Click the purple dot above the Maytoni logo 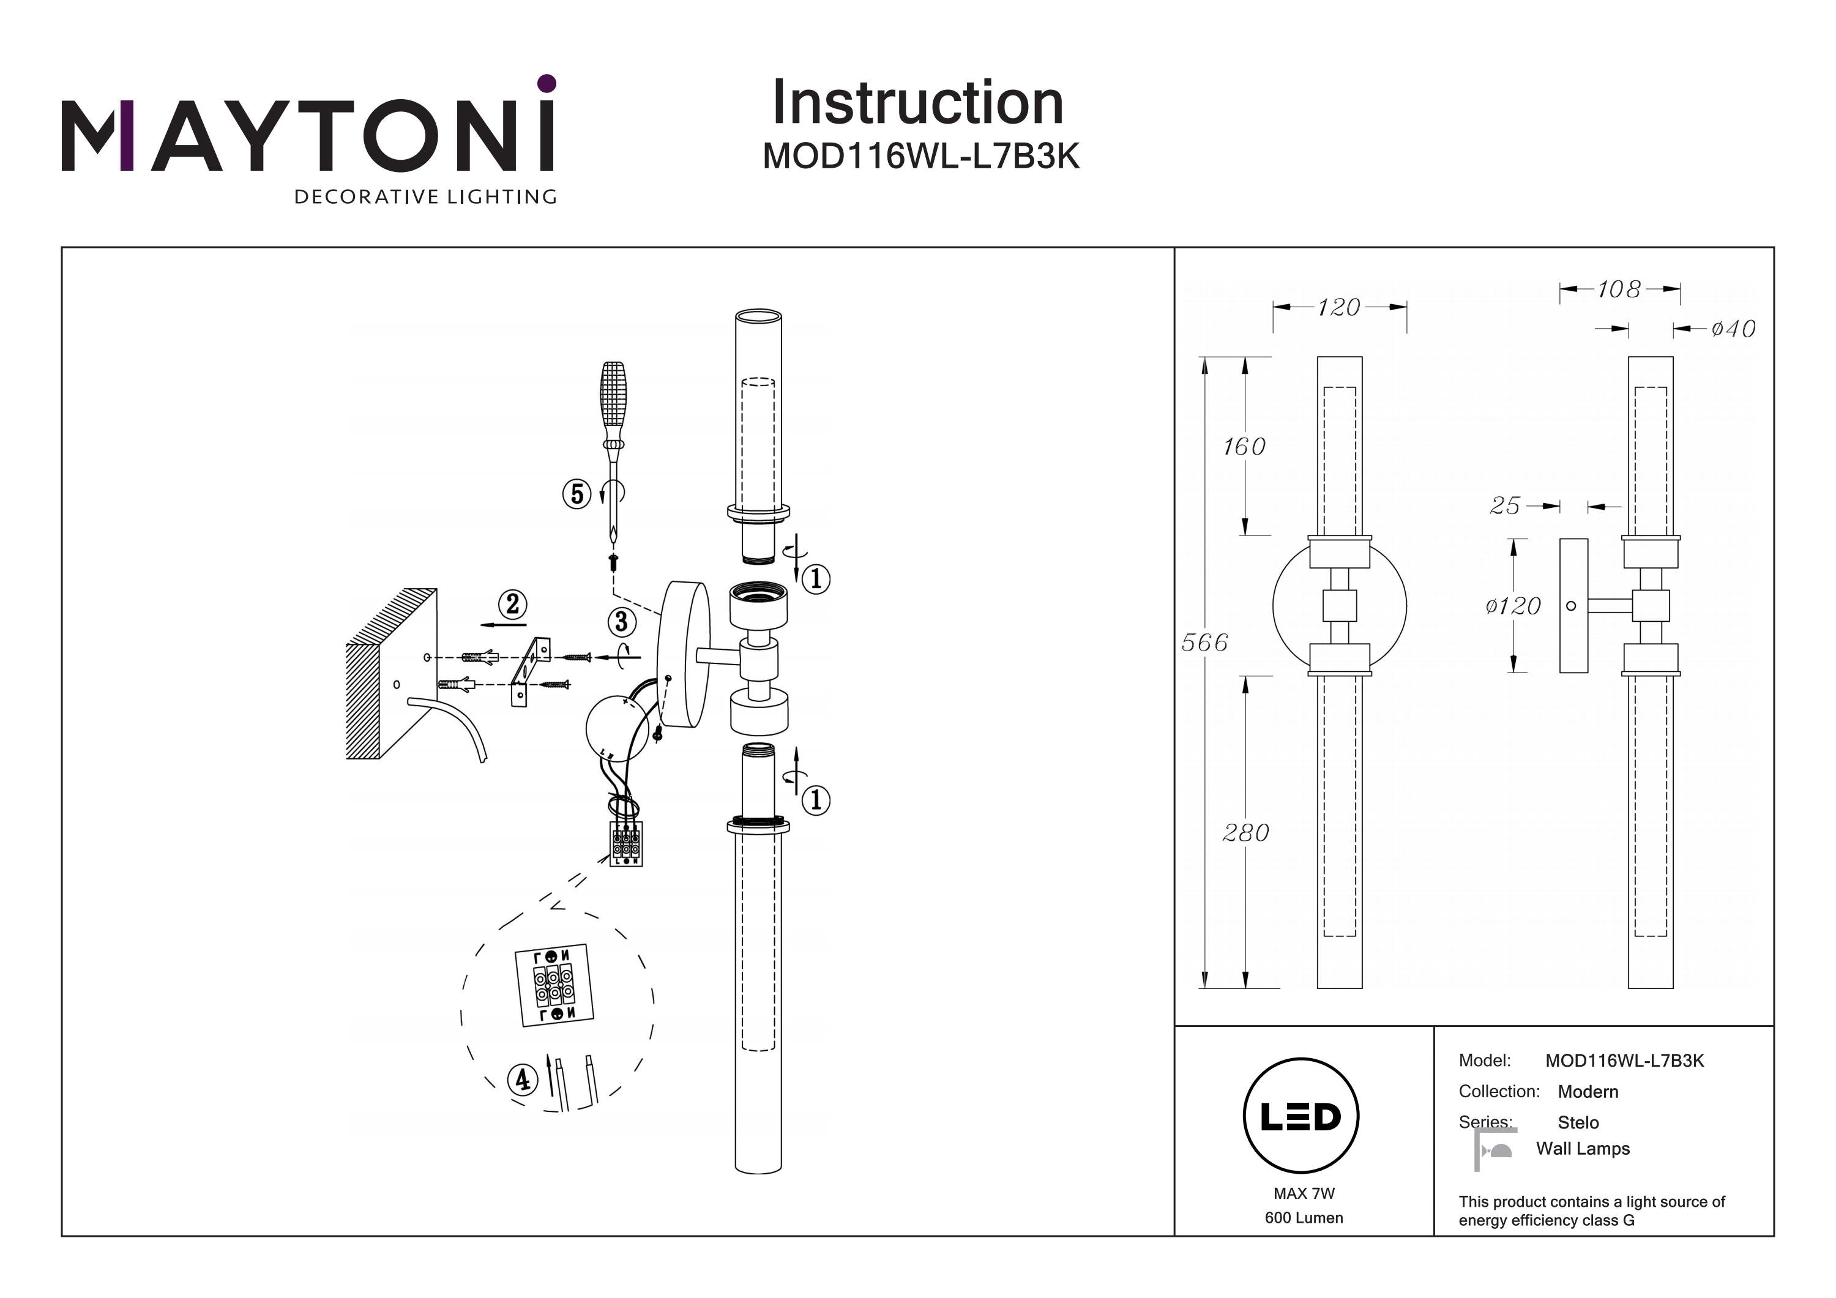[x=547, y=83]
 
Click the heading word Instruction [x=917, y=103]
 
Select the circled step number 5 [x=577, y=494]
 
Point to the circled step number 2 [x=513, y=604]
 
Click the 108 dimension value [x=1619, y=289]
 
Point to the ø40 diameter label [x=1733, y=329]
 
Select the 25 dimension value [x=1504, y=505]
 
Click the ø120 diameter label [x=1512, y=606]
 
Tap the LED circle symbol [x=1300, y=1116]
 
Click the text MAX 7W [x=1304, y=1194]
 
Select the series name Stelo [x=1578, y=1123]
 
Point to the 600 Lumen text [x=1304, y=1218]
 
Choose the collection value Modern [x=1588, y=1092]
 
